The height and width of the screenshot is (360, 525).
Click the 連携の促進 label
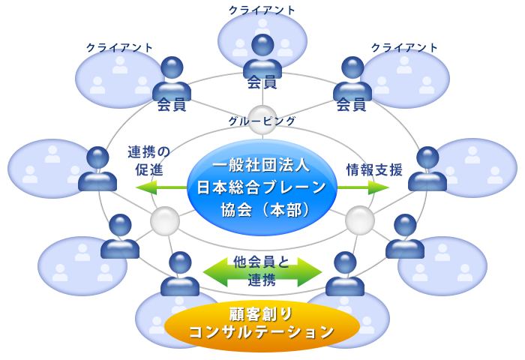click(x=149, y=160)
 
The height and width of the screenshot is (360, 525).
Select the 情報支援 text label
click(x=374, y=169)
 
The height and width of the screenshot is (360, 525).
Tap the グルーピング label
click(x=262, y=121)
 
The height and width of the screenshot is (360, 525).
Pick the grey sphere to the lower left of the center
click(x=165, y=220)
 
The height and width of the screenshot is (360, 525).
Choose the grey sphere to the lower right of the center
click(x=360, y=220)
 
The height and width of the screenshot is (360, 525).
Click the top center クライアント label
click(x=262, y=10)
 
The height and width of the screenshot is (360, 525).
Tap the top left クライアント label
click(x=120, y=47)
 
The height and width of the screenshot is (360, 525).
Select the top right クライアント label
click(x=405, y=47)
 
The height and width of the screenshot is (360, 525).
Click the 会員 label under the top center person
click(x=262, y=82)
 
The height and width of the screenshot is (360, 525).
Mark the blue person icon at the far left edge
click(x=97, y=168)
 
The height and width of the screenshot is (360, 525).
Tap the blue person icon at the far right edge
click(x=427, y=168)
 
